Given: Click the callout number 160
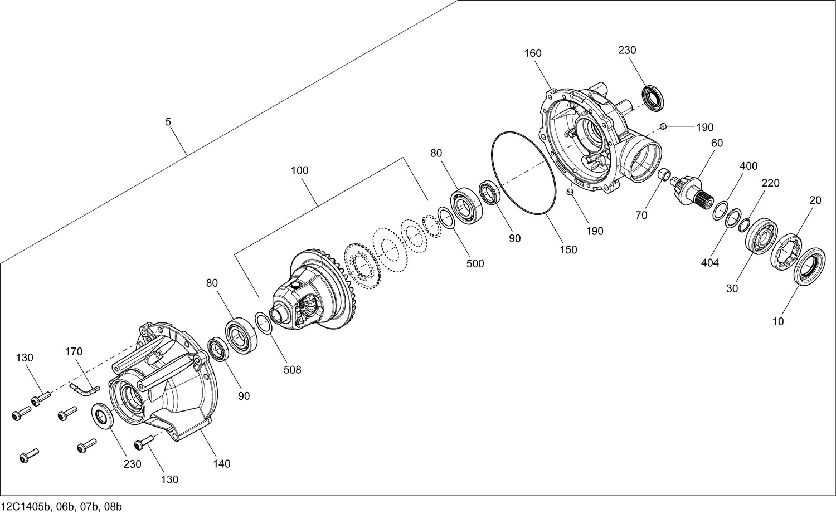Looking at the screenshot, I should pyautogui.click(x=532, y=53).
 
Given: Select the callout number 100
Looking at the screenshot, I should pyautogui.click(x=299, y=170).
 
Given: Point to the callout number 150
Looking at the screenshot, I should pyautogui.click(x=568, y=250).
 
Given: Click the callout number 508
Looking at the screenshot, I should pyautogui.click(x=292, y=369).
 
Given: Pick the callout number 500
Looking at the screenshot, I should pyautogui.click(x=475, y=263).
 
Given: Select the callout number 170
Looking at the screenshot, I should pyautogui.click(x=74, y=351).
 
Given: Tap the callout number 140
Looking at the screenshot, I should pyautogui.click(x=221, y=463).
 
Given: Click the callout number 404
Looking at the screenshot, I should pyautogui.click(x=709, y=263).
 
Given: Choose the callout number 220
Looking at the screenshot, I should pyautogui.click(x=771, y=183).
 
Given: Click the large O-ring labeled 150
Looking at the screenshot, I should pyautogui.click(x=523, y=173).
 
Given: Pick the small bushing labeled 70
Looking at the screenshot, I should pyautogui.click(x=663, y=174).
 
